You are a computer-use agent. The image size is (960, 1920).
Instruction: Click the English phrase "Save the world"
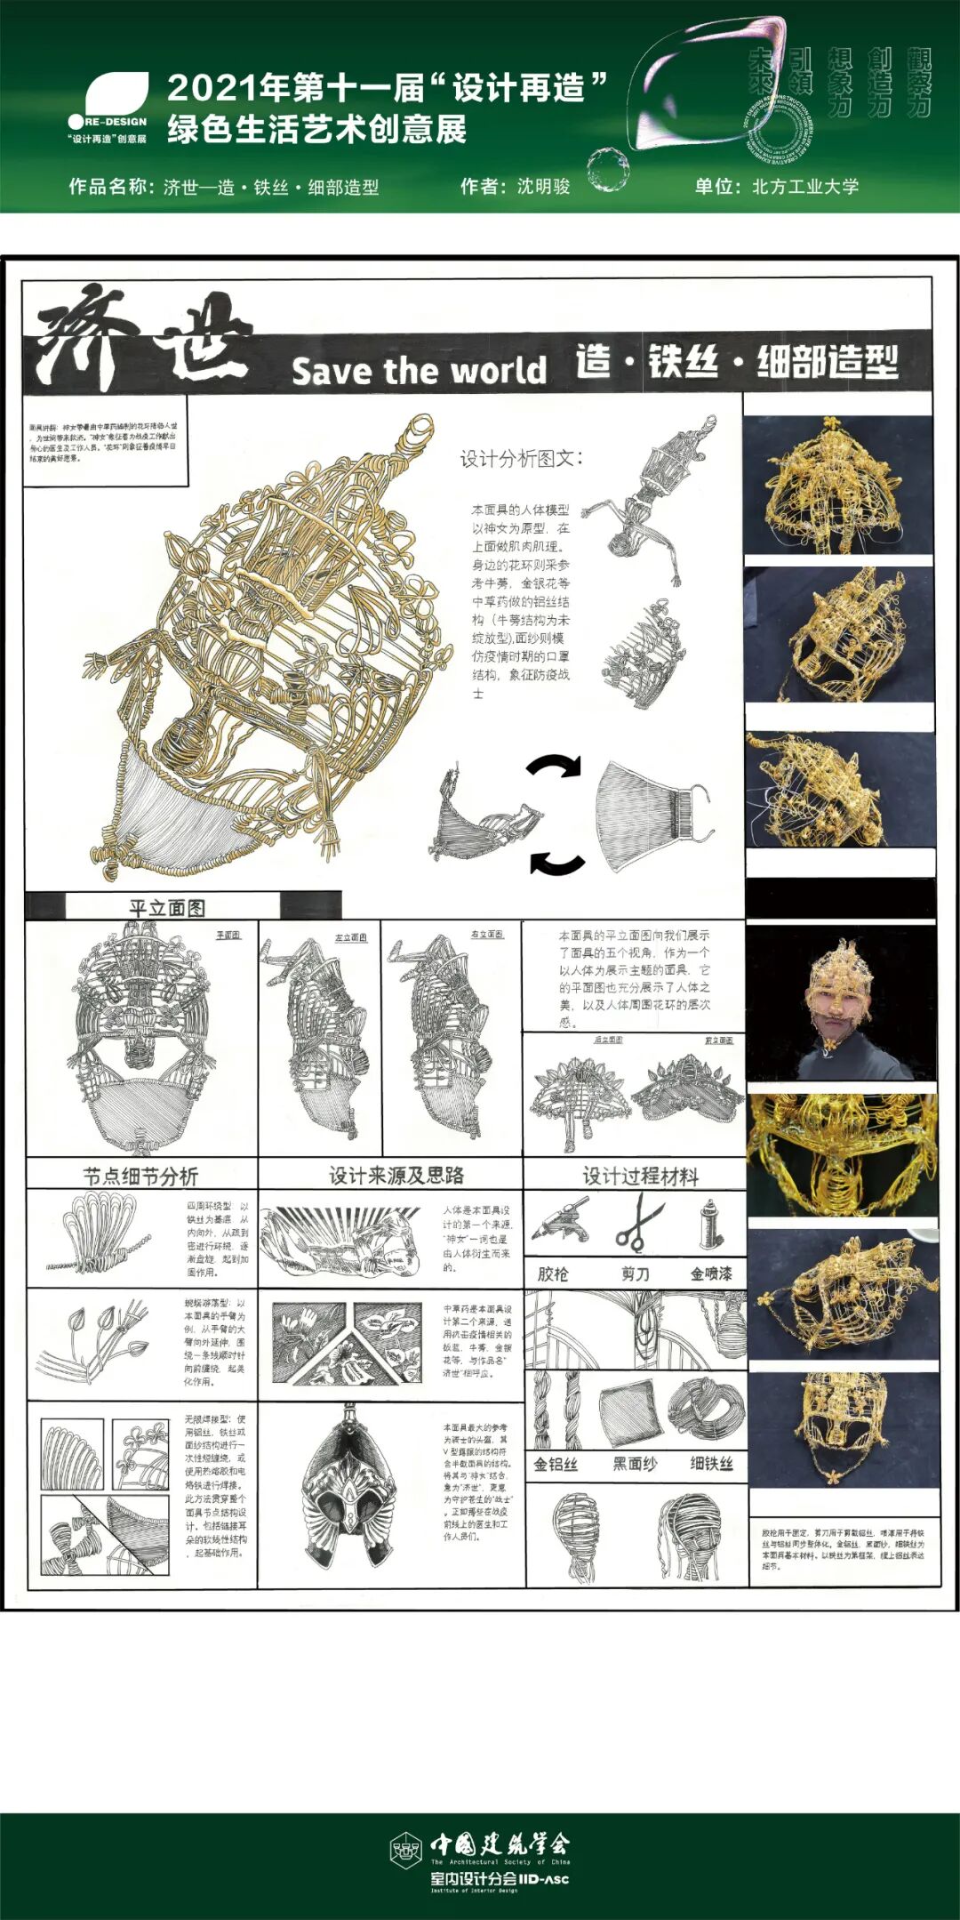(x=419, y=371)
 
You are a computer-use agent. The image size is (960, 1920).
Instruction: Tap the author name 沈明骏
(x=543, y=187)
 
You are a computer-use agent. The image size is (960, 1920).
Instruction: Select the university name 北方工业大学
(x=805, y=187)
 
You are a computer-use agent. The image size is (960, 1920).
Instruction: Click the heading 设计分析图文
(x=521, y=459)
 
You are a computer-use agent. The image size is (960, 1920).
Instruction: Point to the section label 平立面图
(x=167, y=908)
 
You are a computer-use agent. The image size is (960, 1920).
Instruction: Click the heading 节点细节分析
(x=140, y=1177)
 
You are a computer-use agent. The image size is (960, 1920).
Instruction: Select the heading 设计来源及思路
(x=396, y=1176)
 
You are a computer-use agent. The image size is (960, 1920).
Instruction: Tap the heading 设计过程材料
(x=640, y=1177)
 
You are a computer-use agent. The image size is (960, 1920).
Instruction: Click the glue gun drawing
(x=560, y=1219)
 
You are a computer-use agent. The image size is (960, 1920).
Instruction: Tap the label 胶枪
(x=553, y=1273)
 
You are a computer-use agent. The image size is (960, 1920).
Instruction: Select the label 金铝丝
(x=556, y=1464)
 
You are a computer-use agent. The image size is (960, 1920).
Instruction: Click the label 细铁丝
(x=711, y=1464)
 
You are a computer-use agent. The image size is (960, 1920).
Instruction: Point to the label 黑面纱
(x=634, y=1464)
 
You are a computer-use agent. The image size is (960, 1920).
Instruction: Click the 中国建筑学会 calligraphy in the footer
(x=500, y=1844)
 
